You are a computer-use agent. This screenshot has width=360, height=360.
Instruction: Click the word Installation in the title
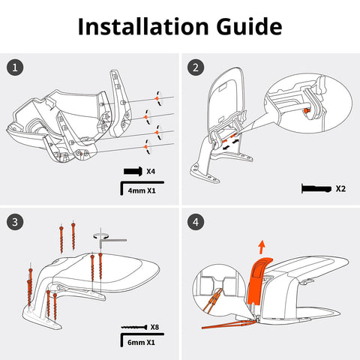[x=143, y=26]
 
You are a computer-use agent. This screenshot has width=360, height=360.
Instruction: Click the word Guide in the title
[x=249, y=26]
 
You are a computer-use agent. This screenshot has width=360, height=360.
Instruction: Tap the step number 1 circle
[x=15, y=67]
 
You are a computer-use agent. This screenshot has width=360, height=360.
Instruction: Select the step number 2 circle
[x=196, y=67]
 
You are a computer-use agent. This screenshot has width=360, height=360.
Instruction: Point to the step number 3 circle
[x=15, y=222]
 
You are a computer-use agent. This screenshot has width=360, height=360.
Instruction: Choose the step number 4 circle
[x=196, y=222]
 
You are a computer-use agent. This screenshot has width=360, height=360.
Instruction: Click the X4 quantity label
[x=151, y=172]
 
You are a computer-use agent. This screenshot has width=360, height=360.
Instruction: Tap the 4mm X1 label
[x=142, y=190]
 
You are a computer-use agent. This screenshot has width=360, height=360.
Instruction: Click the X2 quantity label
[x=340, y=189]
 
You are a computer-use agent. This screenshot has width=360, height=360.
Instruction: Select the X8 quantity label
[x=154, y=327]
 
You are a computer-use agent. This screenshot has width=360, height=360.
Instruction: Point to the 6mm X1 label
[x=141, y=342]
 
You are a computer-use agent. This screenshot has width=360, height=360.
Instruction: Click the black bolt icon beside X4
[x=133, y=171]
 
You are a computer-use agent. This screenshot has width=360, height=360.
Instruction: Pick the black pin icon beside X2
[x=316, y=189]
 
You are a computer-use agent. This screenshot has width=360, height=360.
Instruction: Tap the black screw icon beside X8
[x=134, y=327]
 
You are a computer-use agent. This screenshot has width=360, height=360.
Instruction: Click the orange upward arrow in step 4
[x=262, y=247]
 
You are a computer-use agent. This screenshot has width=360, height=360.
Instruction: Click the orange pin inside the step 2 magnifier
[x=307, y=110]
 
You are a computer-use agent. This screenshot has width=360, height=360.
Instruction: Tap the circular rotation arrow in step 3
[x=100, y=235]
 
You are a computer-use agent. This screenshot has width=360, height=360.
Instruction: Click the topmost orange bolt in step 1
[x=157, y=98]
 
